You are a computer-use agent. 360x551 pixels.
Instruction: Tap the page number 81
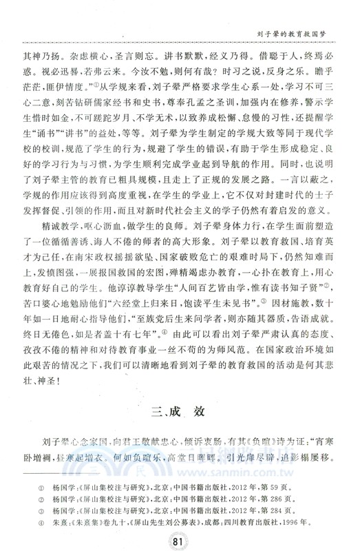180,538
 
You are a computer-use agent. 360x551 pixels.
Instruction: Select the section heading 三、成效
180,416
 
